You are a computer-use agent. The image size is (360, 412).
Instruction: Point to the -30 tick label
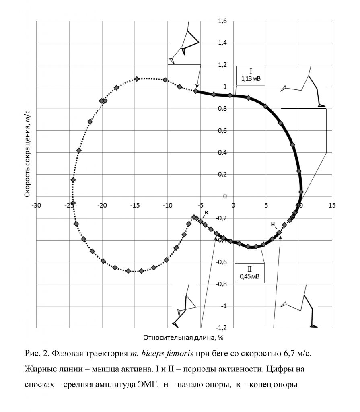click(x=37, y=205)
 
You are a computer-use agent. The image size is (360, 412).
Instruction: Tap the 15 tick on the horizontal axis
click(x=332, y=205)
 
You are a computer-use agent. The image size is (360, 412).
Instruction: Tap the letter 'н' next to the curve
click(x=273, y=224)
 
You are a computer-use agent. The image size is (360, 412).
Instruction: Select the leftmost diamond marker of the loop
click(x=73, y=203)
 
